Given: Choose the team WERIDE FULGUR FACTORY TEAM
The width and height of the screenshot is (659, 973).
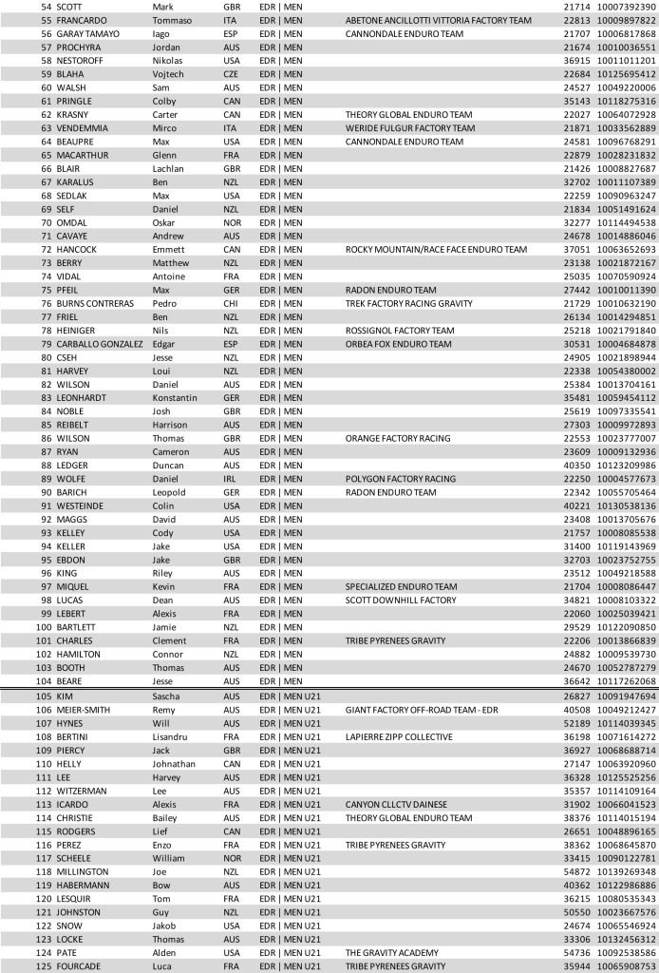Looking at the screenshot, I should [x=409, y=127].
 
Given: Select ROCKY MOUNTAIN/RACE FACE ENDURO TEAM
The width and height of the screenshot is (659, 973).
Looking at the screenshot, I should [x=435, y=250].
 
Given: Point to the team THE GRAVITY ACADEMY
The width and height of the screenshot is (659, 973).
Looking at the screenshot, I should [x=393, y=953].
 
